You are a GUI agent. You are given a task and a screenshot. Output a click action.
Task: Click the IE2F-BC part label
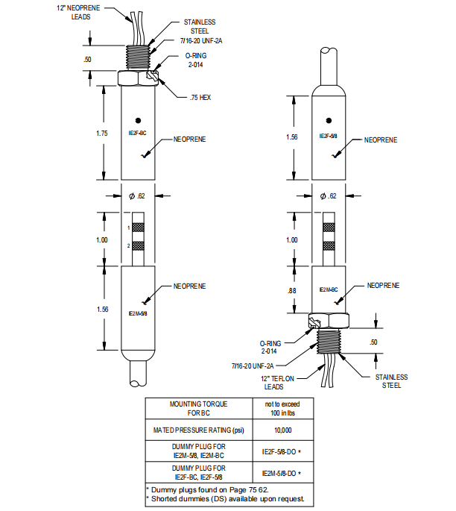pos(138,133)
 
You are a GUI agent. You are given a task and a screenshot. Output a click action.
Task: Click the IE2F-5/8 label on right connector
pos(329,137)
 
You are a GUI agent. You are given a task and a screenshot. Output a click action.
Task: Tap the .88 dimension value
pos(293,289)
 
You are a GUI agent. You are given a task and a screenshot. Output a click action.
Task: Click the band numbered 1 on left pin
pos(139,228)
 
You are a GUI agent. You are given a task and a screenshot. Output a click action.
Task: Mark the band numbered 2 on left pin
pos(139,245)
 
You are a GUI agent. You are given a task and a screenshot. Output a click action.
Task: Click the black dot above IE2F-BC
pos(138,120)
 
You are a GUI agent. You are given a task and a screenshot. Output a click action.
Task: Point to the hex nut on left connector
pos(138,78)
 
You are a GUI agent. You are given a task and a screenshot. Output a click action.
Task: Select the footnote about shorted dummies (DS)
pos(227,498)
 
